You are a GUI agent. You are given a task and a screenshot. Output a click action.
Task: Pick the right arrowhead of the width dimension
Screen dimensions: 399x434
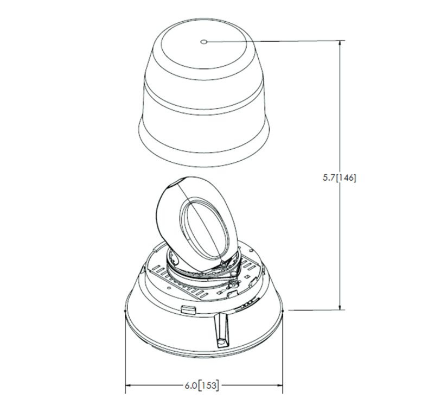click(284, 386)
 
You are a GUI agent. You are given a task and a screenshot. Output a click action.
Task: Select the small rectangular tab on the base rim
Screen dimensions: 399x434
click(188, 309)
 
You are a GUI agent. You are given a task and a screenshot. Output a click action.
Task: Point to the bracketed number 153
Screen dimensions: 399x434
click(210, 386)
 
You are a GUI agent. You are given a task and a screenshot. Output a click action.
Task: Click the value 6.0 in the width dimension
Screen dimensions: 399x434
click(190, 386)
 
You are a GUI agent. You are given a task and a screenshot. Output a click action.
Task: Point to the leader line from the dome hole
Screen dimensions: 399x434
click(271, 41)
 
